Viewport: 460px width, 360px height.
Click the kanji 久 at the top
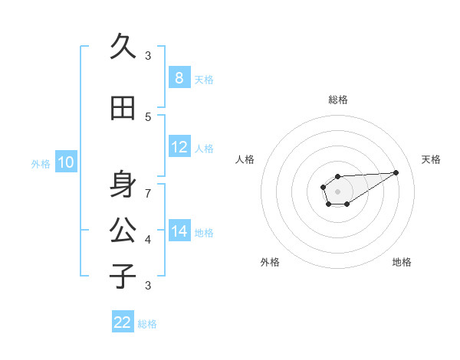coord(123,47)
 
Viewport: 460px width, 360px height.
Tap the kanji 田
coord(123,108)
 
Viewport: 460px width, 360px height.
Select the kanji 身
coord(123,184)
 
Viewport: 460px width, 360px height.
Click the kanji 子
coord(123,276)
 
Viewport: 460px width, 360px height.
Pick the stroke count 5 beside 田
coord(148,116)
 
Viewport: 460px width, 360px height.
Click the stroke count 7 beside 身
coord(148,193)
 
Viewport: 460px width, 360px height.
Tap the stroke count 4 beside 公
coord(148,239)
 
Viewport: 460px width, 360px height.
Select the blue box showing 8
coord(179,78)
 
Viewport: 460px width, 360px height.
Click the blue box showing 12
coord(179,147)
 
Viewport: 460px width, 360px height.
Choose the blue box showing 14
coord(179,231)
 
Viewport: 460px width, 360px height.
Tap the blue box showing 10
coord(65,162)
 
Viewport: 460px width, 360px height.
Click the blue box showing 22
coord(123,322)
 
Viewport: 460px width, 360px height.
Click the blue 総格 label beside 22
coord(147,324)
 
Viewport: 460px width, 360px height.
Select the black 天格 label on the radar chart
coord(431,159)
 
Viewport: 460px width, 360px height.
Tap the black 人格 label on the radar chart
coord(245,159)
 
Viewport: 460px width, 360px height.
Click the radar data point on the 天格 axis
coord(396,172)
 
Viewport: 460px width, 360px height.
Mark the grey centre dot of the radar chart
coord(337,191)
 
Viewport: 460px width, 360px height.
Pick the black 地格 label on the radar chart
coord(402,262)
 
